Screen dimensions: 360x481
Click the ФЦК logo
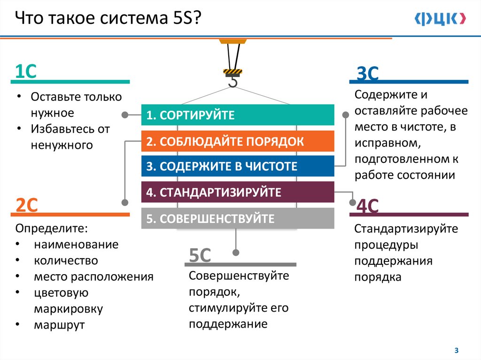click(441, 19)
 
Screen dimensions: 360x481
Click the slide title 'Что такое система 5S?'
click(109, 20)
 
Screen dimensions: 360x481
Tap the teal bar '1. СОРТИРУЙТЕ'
click(238, 115)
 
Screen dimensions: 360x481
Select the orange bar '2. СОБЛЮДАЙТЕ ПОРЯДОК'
click(238, 141)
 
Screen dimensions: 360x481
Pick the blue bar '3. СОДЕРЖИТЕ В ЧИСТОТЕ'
click(238, 166)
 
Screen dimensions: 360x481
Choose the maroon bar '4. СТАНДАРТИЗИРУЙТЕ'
click(238, 192)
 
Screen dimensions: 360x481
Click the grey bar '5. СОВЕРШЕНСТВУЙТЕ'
click(238, 218)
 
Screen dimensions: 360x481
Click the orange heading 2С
click(27, 205)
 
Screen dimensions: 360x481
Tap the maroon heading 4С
click(368, 206)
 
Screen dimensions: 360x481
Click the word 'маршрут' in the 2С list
click(59, 325)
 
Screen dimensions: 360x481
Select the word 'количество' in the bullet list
click(66, 260)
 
